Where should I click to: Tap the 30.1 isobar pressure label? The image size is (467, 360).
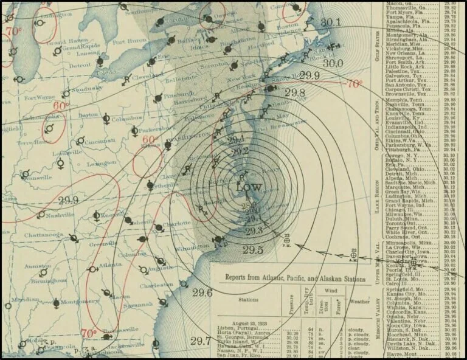(330, 23)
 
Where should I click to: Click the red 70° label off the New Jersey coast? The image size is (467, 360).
(354, 84)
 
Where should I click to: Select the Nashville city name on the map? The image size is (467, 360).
(59, 215)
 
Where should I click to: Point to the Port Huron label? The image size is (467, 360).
(126, 42)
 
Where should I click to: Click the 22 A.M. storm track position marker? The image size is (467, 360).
(353, 255)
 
